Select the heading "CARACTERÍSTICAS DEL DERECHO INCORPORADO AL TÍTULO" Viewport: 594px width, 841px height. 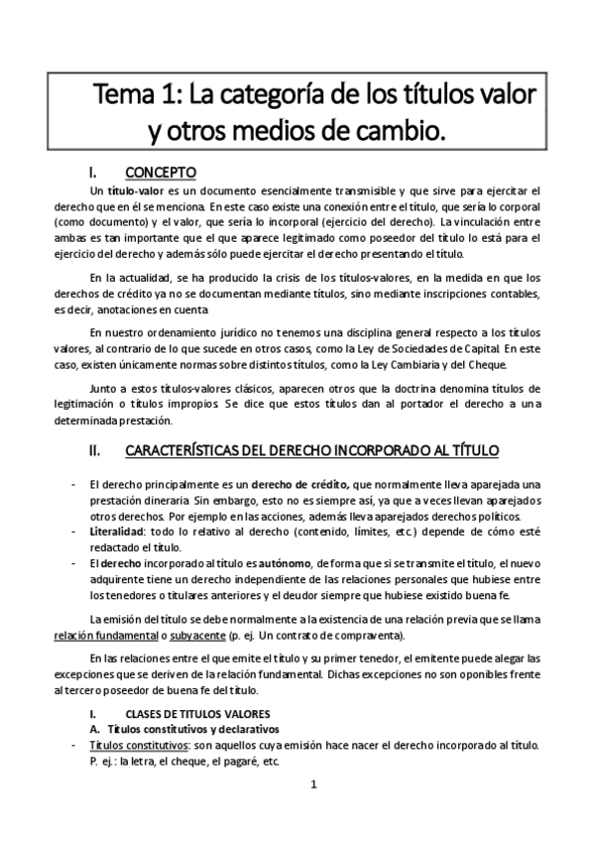pyautogui.click(x=312, y=450)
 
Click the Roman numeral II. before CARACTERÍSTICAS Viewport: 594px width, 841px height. pyautogui.click(x=96, y=450)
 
